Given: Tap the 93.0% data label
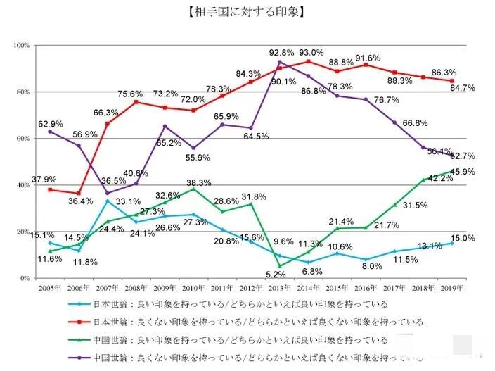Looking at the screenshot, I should click(311, 53).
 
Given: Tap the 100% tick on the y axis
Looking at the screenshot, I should click(20, 45).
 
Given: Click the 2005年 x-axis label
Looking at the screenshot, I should click(49, 289).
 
